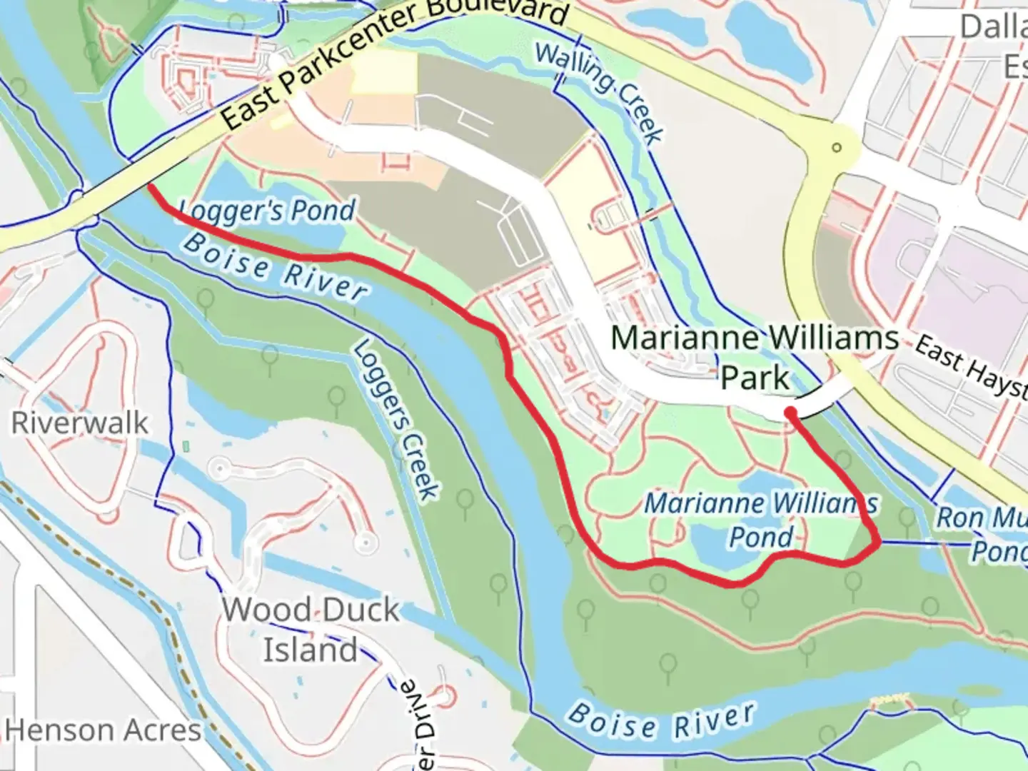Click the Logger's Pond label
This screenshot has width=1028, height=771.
(x=266, y=211)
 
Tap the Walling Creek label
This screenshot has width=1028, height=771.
(x=599, y=92)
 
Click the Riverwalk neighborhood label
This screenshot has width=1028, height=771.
(x=80, y=423)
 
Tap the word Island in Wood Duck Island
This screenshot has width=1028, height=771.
(x=311, y=650)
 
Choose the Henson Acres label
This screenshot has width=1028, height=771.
(x=103, y=730)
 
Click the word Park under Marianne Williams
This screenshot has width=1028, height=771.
(x=755, y=378)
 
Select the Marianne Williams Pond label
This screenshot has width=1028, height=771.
(x=761, y=520)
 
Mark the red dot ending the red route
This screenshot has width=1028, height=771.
(x=790, y=412)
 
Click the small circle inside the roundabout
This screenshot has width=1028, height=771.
(x=836, y=148)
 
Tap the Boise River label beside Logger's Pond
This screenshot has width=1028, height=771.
(x=276, y=266)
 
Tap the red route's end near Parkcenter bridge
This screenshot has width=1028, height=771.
(x=152, y=186)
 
